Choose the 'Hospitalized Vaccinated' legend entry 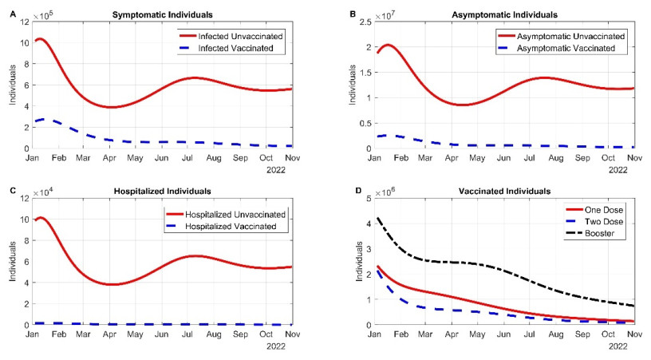coord(239,227)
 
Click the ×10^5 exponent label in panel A coord(45,14)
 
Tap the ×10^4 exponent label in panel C coord(45,192)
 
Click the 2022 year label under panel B coord(617,169)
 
